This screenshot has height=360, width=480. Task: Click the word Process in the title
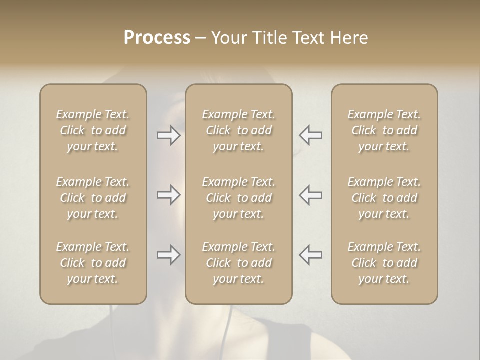click(x=157, y=38)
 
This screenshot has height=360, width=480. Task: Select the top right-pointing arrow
click(x=169, y=135)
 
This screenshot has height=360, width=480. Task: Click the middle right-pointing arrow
click(x=169, y=195)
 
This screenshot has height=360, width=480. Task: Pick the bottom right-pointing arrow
click(x=169, y=255)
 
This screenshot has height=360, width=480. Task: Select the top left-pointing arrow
click(x=310, y=135)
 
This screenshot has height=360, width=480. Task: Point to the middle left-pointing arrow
click(x=310, y=195)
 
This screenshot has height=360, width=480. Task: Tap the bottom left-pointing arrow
click(x=310, y=255)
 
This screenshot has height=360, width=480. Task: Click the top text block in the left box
click(x=93, y=130)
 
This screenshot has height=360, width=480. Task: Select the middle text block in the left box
click(x=93, y=198)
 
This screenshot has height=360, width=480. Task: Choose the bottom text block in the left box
click(x=93, y=263)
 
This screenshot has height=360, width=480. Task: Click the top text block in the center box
click(x=239, y=130)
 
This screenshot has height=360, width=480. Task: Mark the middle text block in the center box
click(x=239, y=198)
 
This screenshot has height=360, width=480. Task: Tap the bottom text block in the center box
click(x=239, y=263)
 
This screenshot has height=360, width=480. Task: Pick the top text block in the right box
click(x=384, y=130)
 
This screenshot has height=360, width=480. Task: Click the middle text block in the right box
click(x=384, y=198)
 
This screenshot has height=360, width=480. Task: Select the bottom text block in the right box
click(x=384, y=263)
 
